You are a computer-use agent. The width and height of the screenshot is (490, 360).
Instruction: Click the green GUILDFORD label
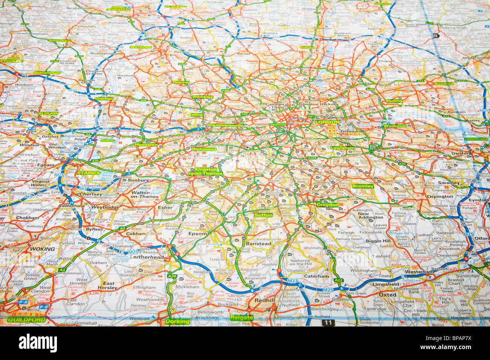pyautogui.click(x=26, y=320)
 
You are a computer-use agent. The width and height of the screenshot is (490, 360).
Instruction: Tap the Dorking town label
pyautogui.click(x=177, y=321)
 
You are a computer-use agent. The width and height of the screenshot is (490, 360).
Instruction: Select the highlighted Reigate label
pyautogui.click(x=241, y=318)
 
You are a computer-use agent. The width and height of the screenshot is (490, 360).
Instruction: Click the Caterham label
pyautogui.click(x=316, y=276)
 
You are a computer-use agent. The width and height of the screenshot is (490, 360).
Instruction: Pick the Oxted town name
pyautogui.click(x=387, y=294)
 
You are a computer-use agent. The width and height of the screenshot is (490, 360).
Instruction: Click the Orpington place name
pyautogui.click(x=440, y=196)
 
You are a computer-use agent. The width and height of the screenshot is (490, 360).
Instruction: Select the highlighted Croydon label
pyautogui.click(x=327, y=205)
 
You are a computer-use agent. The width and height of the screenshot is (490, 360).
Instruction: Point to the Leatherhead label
pyautogui.click(x=147, y=257)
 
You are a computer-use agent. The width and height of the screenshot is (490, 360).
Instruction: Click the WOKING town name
pyautogui.click(x=42, y=249)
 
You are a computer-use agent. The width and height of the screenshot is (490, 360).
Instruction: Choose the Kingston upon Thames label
pyautogui.click(x=206, y=171)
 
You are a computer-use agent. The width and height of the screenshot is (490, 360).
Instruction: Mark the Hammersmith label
pyautogui.click(x=225, y=125)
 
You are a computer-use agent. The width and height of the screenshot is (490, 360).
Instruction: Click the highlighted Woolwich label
pyautogui.click(x=395, y=126)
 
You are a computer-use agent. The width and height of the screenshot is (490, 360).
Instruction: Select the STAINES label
pyautogui.click(x=89, y=173)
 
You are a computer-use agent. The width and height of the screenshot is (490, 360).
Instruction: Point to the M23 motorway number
pyautogui.click(x=292, y=281)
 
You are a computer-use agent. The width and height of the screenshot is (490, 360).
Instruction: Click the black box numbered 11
pyautogui.click(x=328, y=323)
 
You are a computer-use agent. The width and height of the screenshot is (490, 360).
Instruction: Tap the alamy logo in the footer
pyautogui.click(x=38, y=343)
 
